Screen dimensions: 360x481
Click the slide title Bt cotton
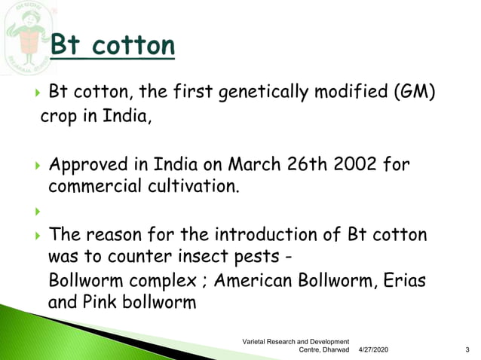click(x=113, y=47)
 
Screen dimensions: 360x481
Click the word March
click(x=255, y=163)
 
